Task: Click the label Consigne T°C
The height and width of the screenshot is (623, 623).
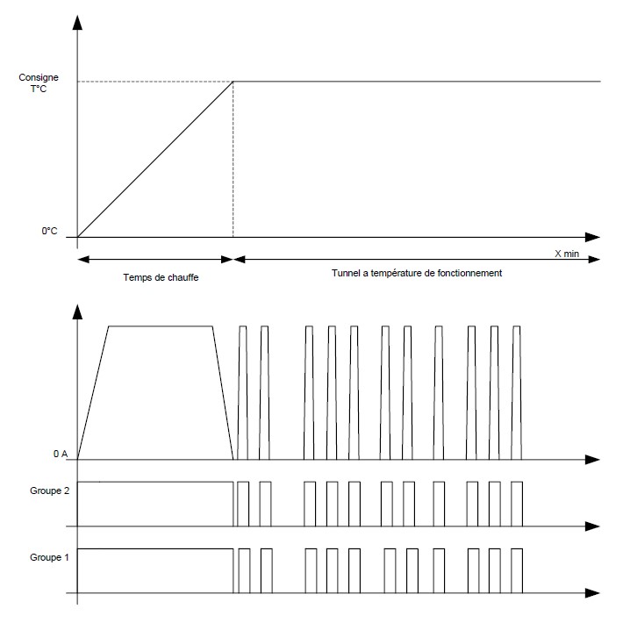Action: point(39,82)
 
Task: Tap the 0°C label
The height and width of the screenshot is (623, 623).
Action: point(49,231)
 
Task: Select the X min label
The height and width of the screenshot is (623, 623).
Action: point(567,254)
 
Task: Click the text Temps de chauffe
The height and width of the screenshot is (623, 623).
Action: point(161,277)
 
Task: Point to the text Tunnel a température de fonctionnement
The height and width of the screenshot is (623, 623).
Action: point(417,273)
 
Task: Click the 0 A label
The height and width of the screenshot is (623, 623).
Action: point(61,454)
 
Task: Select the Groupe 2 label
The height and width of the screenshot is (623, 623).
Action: point(50,491)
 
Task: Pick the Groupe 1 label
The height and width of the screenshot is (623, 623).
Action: point(50,557)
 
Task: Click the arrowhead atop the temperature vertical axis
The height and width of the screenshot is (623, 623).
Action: point(77,23)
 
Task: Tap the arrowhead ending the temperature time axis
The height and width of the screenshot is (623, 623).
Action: point(592,237)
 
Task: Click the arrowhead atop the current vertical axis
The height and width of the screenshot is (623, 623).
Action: point(77,311)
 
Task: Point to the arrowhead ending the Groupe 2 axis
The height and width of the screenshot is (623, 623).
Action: point(592,526)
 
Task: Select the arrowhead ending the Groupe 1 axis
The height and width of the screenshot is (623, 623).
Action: point(592,593)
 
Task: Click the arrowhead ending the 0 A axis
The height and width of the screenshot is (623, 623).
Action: point(592,460)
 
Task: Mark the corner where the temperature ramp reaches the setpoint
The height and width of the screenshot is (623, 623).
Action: point(233,82)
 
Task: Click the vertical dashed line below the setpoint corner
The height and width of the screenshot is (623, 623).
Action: point(233,160)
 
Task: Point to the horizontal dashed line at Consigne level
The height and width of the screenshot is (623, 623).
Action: point(155,82)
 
